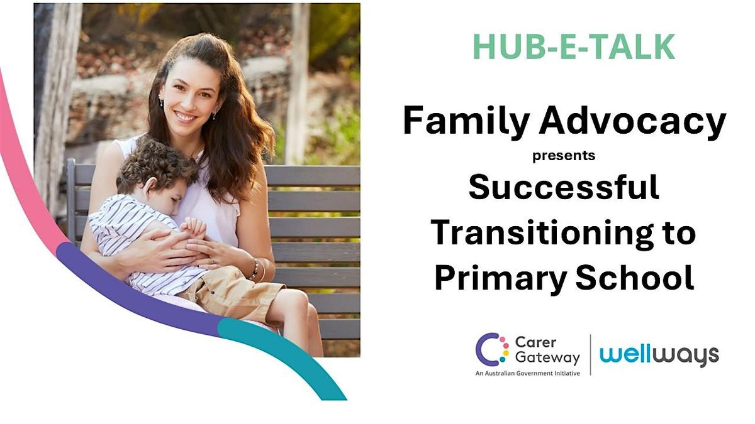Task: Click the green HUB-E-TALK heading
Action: click(574, 46)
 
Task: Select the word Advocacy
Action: click(633, 121)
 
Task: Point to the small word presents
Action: click(564, 156)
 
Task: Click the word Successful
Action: click(564, 187)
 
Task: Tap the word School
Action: click(634, 278)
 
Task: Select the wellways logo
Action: click(659, 356)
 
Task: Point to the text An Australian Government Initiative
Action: click(527, 373)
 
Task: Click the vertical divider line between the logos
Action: click(590, 355)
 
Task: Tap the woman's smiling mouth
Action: click(186, 117)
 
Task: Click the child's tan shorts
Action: click(229, 291)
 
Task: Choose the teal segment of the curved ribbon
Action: click(283, 357)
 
